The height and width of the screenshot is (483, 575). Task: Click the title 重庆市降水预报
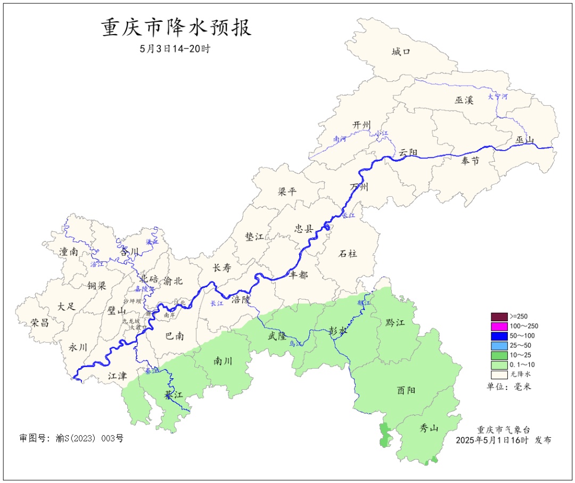click(x=176, y=28)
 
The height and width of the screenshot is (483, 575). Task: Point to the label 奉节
click(x=470, y=161)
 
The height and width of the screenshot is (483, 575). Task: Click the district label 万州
click(x=359, y=187)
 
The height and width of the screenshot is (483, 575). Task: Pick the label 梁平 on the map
click(x=287, y=192)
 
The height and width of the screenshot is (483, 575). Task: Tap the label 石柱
click(x=348, y=254)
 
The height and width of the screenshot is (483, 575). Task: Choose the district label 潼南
click(x=69, y=252)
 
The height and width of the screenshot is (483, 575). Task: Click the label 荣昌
click(x=39, y=322)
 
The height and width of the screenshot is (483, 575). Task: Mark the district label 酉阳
click(x=406, y=390)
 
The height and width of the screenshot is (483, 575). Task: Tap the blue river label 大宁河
click(x=498, y=97)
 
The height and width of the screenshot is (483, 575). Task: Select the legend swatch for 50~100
click(x=499, y=336)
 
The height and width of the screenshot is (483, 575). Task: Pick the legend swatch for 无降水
click(x=499, y=374)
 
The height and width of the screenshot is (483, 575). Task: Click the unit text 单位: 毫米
click(x=508, y=386)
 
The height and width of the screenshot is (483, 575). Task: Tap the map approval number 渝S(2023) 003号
click(x=71, y=438)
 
